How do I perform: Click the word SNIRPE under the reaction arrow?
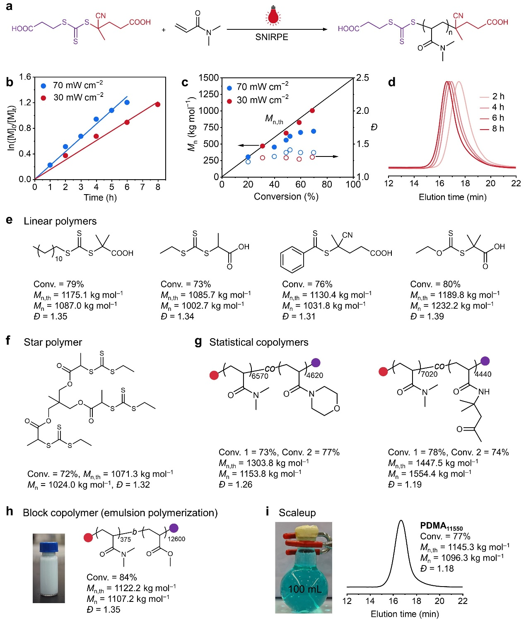(271, 37)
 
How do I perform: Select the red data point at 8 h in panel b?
(158, 104)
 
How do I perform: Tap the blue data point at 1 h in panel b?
(50, 165)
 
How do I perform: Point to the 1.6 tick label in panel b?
(25, 77)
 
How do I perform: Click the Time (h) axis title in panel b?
(100, 197)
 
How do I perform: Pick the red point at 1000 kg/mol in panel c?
(312, 111)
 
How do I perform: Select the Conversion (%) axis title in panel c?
(286, 197)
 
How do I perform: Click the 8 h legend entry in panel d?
(498, 129)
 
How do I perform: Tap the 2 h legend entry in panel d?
(498, 96)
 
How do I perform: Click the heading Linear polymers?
(60, 221)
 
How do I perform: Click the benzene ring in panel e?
(292, 260)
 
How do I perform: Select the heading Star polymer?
(53, 342)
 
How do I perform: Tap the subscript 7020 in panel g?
(429, 374)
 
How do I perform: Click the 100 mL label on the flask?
(304, 589)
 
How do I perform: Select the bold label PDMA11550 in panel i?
(442, 526)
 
